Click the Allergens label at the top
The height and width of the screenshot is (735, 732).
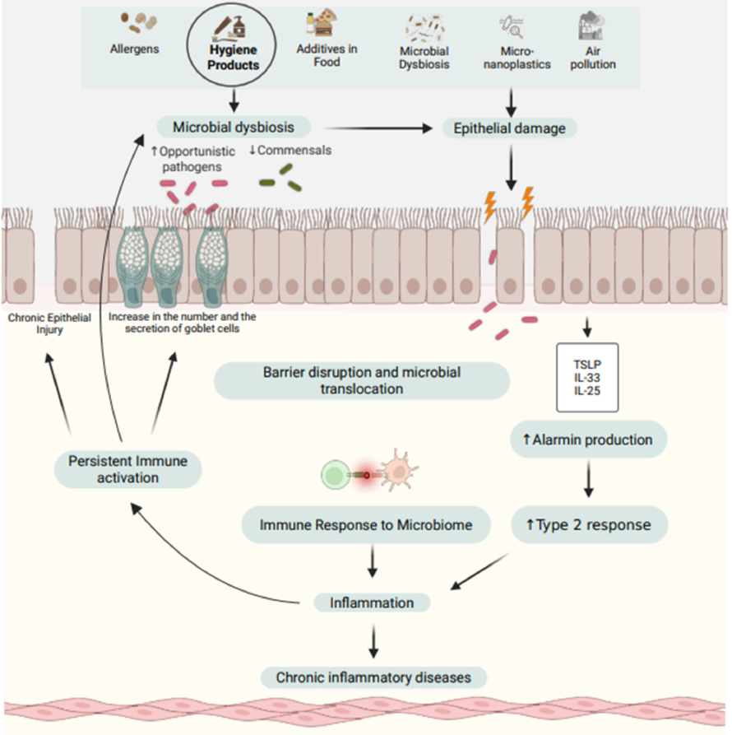135,49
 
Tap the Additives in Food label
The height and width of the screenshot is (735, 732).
327,55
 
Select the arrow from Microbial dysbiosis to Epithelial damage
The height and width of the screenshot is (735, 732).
378,128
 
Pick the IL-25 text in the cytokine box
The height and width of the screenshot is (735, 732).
587,391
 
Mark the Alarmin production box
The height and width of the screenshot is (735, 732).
587,440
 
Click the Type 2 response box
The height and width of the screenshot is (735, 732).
587,524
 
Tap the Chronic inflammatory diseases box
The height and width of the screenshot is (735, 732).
373,677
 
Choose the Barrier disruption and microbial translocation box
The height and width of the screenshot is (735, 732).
362,380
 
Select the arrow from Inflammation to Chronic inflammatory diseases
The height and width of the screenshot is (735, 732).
373,640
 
